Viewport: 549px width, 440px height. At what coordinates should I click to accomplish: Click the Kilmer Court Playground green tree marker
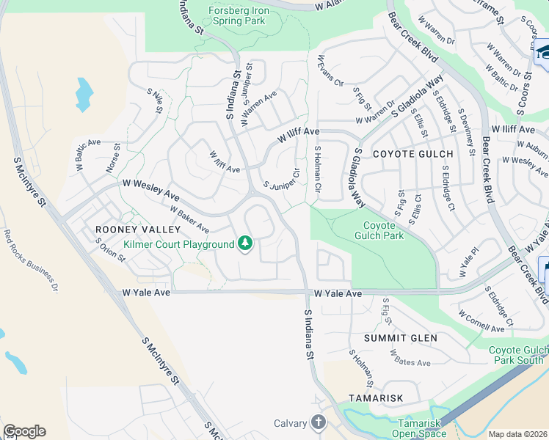245,243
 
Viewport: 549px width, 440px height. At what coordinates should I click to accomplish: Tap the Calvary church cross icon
318,422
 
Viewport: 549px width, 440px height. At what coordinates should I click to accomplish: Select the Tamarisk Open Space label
421,428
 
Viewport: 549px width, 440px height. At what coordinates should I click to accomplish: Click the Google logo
24,431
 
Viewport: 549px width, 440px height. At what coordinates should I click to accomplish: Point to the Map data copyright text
518,434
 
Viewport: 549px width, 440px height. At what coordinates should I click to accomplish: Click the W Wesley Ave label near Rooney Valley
150,184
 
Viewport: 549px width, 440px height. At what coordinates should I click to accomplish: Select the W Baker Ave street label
189,219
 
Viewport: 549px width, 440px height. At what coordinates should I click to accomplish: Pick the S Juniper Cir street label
282,180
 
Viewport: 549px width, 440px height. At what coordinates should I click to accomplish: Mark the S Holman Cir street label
319,169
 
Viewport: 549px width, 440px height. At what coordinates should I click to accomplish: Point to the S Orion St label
112,252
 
